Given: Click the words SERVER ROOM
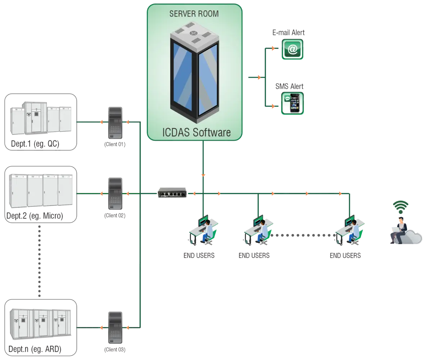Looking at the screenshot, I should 194,14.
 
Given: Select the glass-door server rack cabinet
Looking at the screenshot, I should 194,72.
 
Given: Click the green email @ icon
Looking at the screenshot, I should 292,49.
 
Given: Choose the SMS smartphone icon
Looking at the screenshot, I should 292,103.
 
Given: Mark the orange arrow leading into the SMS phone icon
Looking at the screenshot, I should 273,107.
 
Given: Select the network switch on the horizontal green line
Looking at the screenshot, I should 172,193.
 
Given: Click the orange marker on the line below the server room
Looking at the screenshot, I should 203,175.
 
